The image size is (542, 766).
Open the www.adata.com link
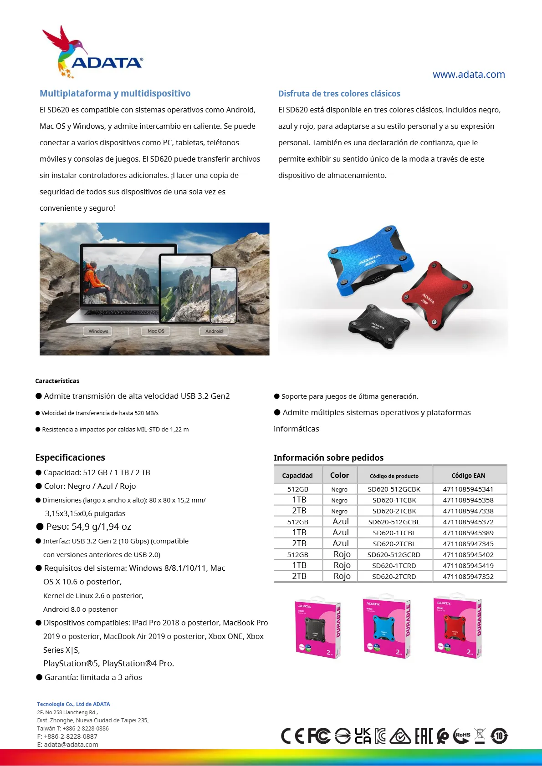(x=468, y=75)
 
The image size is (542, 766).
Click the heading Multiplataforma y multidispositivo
(x=115, y=93)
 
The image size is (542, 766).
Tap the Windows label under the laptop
(x=98, y=331)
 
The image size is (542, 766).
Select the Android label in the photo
(x=214, y=331)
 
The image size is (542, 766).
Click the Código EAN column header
(x=468, y=476)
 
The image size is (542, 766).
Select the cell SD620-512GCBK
(x=394, y=489)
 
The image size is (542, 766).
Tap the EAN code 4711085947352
(x=468, y=577)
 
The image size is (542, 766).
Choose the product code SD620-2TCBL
(x=394, y=544)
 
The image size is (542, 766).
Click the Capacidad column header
(x=297, y=476)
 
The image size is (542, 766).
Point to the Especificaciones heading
(x=70, y=457)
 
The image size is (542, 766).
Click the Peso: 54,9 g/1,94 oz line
(x=88, y=527)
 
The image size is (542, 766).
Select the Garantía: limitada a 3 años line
(x=93, y=677)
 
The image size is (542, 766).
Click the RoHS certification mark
(x=462, y=736)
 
